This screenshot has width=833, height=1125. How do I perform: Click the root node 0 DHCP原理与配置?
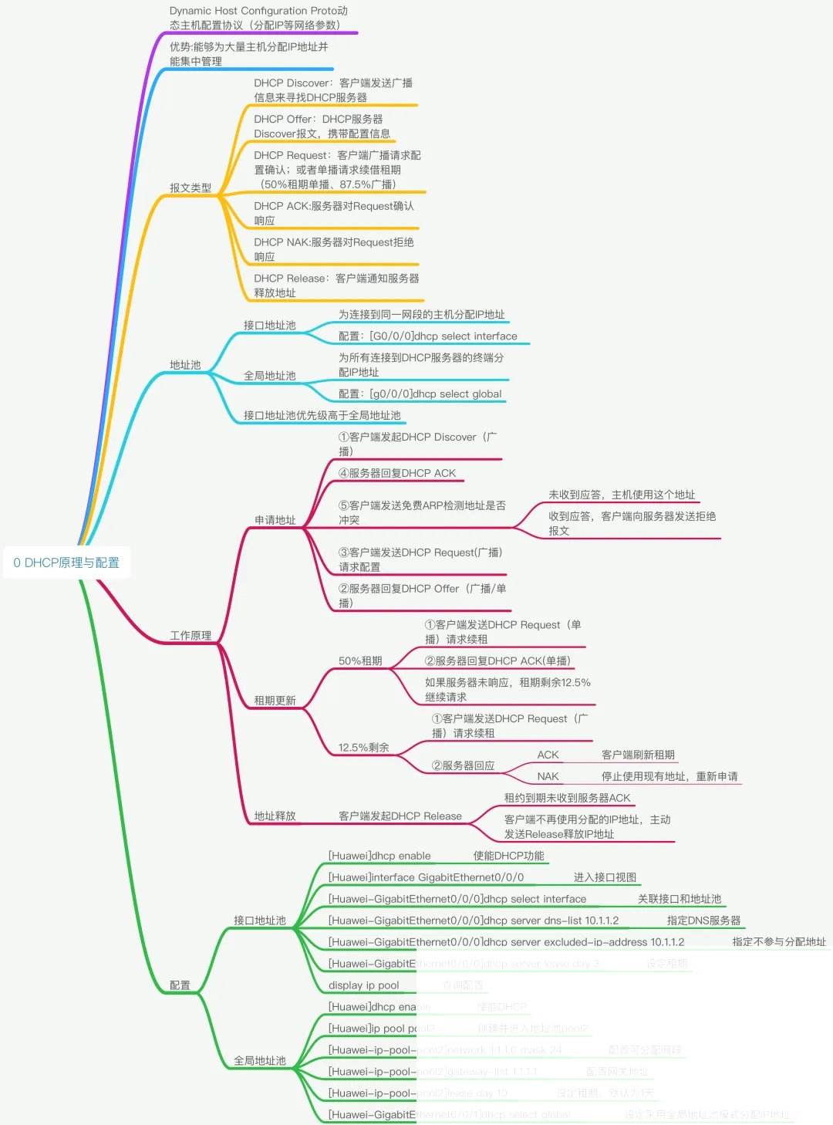point(66,562)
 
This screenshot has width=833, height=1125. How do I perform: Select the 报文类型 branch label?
point(191,187)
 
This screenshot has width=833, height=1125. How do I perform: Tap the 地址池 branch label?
point(185,364)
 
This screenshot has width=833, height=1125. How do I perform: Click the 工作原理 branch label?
point(191,635)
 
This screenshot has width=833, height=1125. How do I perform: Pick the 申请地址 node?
point(275,519)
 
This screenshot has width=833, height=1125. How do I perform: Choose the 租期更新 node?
point(275,700)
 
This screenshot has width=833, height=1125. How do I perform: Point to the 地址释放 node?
point(275,816)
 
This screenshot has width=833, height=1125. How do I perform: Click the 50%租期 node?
point(360,660)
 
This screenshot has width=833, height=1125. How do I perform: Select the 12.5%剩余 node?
point(363,747)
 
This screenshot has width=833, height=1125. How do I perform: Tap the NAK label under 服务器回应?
point(548,776)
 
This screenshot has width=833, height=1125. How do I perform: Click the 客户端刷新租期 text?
point(638,755)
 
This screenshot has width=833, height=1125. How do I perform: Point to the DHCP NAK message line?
point(334,249)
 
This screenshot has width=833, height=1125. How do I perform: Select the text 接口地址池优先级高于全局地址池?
point(322,415)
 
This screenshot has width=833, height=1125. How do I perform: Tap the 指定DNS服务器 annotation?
point(703,921)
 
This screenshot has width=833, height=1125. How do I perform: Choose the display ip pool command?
point(364,985)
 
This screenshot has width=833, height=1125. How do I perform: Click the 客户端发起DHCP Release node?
point(400,816)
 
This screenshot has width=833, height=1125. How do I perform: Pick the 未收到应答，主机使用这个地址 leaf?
point(622,495)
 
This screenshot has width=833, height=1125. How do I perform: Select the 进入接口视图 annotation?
point(605,877)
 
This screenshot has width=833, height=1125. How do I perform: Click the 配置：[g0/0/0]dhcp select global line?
point(420,394)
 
